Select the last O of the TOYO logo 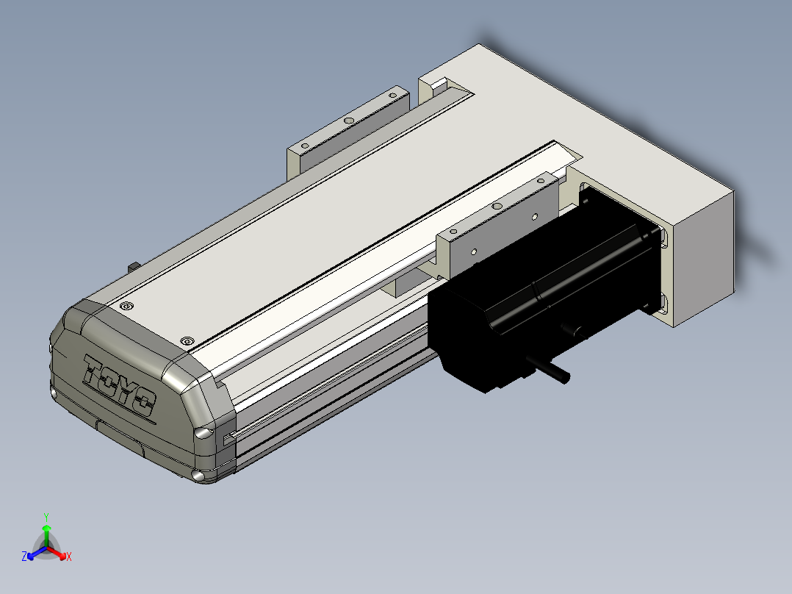[x=143, y=401]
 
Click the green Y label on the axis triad [x=46, y=518]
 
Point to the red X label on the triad [x=69, y=557]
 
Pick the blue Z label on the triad [x=24, y=557]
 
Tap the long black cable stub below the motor [x=549, y=368]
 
